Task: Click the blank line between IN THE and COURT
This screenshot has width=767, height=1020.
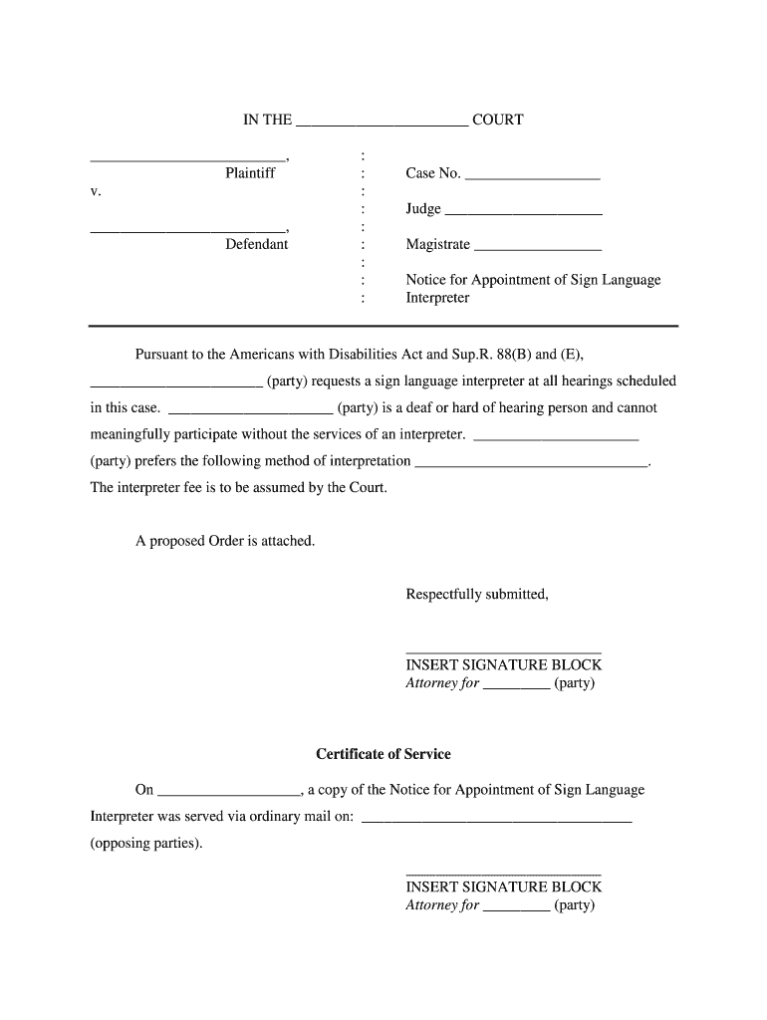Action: [x=383, y=126]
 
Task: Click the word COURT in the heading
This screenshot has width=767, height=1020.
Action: [x=497, y=121]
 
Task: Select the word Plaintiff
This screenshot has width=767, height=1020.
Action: [x=250, y=173]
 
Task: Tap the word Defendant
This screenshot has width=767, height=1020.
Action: [x=256, y=244]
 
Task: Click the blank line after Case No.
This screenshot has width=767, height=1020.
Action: [x=532, y=177]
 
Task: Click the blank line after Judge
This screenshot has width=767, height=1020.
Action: [x=523, y=213]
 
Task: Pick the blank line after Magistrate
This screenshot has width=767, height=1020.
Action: [x=538, y=248]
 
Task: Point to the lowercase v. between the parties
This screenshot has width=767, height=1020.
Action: [x=96, y=191]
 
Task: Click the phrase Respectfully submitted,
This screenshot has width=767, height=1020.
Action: [x=477, y=595]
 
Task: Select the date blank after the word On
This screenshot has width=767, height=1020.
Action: [x=229, y=794]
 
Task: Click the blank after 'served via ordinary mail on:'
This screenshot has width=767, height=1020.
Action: [x=496, y=821]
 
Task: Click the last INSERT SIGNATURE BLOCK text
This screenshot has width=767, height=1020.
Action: [x=503, y=887]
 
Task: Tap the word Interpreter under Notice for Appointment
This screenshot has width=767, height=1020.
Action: [x=437, y=298]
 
